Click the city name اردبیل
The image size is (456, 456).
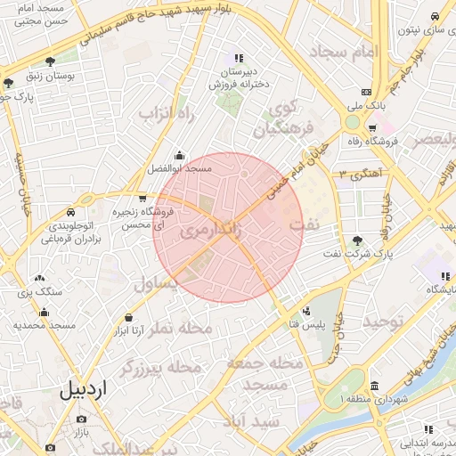82,390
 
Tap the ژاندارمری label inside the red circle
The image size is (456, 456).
210,230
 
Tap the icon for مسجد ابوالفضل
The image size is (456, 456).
181,155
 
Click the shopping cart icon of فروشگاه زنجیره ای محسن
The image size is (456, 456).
142,199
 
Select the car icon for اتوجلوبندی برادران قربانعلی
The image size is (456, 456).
70,213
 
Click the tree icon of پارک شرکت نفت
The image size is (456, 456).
357,240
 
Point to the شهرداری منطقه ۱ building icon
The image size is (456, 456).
374,387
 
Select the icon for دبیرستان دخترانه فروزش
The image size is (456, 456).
238,58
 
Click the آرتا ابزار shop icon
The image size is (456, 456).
130,317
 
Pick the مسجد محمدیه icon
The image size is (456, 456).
44,312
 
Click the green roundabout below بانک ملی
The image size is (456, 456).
354,122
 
